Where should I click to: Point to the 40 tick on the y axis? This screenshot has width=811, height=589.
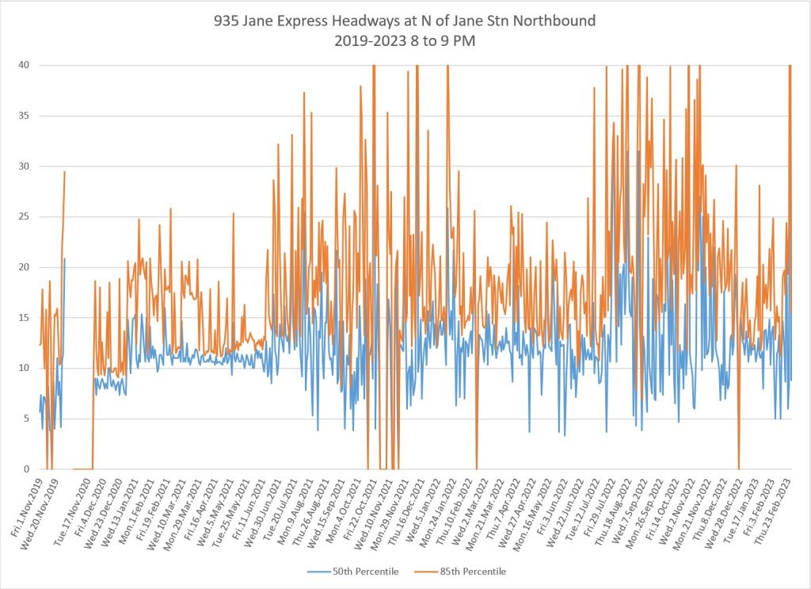(x=25, y=65)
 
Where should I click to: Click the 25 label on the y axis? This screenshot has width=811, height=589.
(x=25, y=216)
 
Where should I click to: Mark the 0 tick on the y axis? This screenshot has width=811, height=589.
(x=28, y=469)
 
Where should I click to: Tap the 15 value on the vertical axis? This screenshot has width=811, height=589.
(x=25, y=318)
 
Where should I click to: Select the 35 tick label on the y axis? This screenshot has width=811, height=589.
(x=25, y=116)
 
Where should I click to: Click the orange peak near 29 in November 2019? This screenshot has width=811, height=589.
(x=64, y=172)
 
